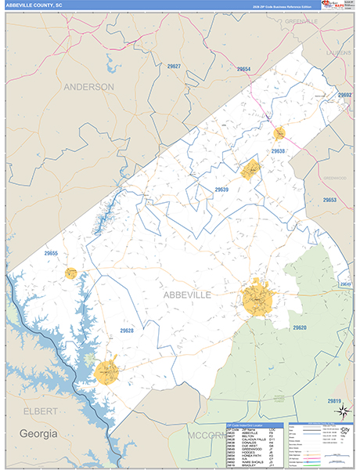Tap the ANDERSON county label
coord(88,87)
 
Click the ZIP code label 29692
coord(344,95)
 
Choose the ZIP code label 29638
coord(279,150)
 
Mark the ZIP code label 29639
coord(221,190)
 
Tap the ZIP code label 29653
coord(329,201)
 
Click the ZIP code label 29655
coord(52,253)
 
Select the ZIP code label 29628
coord(127,331)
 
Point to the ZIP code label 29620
coord(300,327)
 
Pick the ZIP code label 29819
coord(335,401)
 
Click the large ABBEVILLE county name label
coord(186,294)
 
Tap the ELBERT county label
coord(38,410)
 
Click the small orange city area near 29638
coord(279,134)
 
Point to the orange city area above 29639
coord(250,169)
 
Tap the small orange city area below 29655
coord(70,273)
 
